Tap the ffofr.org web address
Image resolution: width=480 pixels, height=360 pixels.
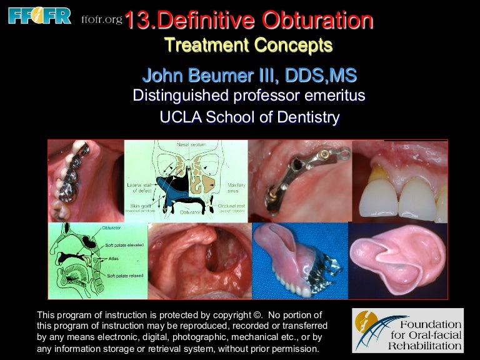[x=101, y=20]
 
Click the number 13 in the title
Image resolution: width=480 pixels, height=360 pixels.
[x=139, y=21]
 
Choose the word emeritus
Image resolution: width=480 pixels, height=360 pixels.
[x=331, y=96]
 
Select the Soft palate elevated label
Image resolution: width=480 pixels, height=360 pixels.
[x=125, y=245]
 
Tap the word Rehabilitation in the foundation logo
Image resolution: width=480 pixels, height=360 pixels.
[x=424, y=345]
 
